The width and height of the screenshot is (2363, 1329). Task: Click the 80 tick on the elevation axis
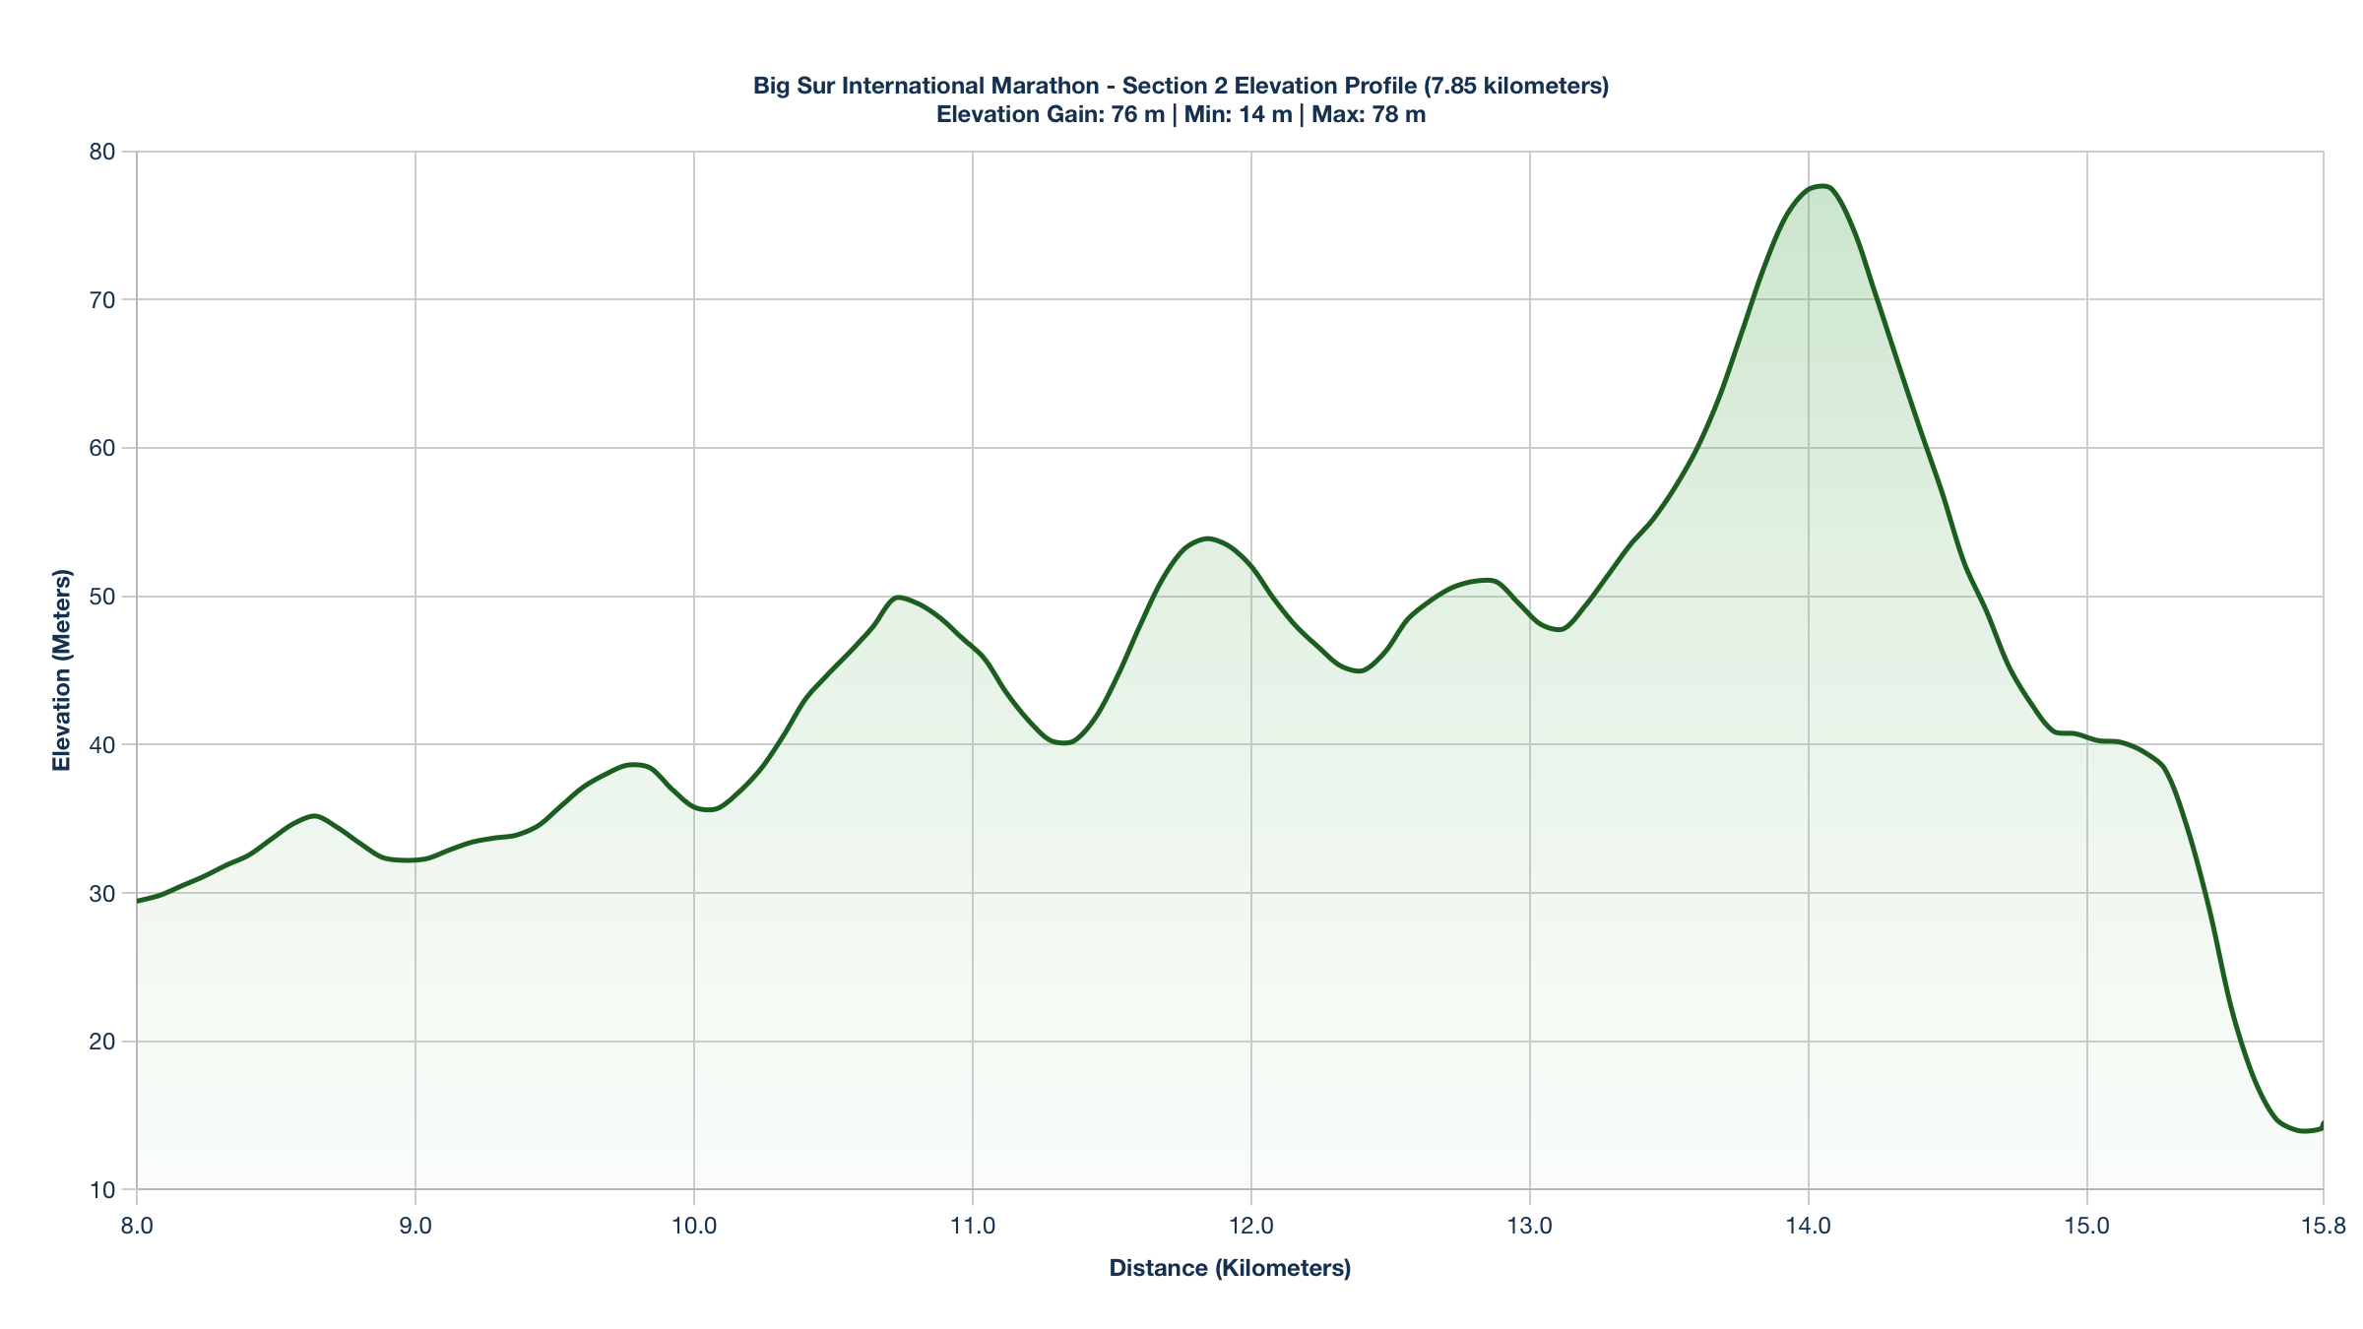click(102, 152)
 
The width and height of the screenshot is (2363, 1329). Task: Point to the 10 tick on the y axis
click(102, 1190)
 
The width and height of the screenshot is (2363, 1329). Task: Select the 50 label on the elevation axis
click(102, 597)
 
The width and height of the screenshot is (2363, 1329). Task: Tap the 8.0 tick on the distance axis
click(137, 1226)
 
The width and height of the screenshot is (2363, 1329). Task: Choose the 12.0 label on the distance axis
click(1251, 1226)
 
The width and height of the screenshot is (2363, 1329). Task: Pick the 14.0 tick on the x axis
click(1809, 1226)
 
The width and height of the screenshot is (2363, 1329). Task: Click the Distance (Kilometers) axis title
click(1230, 1268)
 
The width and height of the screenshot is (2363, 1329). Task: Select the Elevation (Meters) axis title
click(62, 669)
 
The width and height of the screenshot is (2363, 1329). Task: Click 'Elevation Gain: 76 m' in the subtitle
click(1050, 114)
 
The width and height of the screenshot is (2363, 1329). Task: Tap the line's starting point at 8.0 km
click(138, 901)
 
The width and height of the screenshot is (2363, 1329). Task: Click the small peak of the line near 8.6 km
click(313, 815)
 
